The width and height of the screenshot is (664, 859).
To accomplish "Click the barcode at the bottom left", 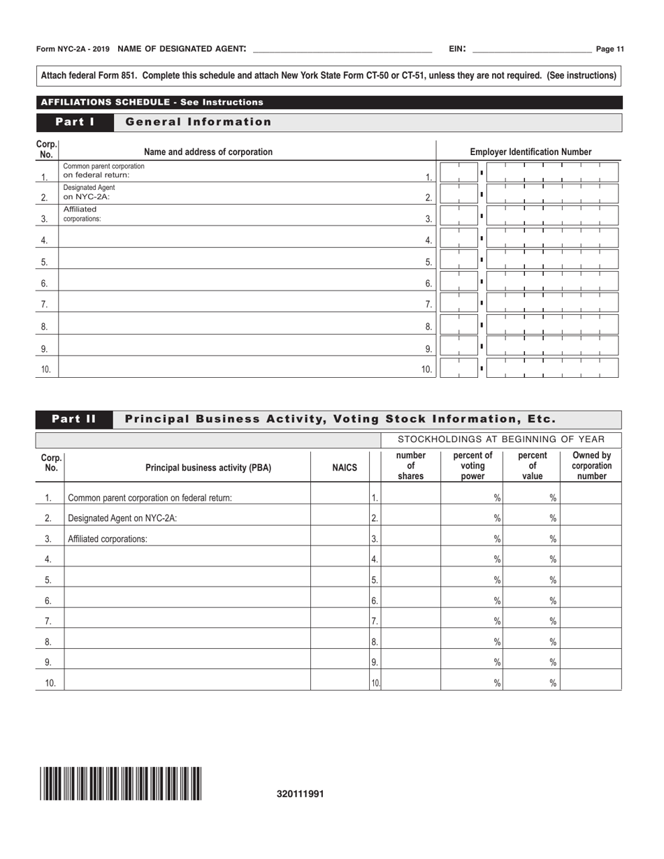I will point(121,783).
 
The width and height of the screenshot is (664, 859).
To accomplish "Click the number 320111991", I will point(301,794).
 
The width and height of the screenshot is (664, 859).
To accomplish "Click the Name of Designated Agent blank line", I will point(342,50).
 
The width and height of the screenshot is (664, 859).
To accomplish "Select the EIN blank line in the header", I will point(532,50).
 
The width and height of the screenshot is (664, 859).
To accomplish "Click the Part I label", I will point(75,122).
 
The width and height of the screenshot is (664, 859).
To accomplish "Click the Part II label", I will point(75,419).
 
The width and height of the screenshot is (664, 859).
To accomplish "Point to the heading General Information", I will point(199,122).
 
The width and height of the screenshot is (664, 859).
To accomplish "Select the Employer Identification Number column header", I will point(531,152).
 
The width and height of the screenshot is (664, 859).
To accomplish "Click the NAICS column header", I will point(345,467).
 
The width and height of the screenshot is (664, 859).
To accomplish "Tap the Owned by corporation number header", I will point(591,467).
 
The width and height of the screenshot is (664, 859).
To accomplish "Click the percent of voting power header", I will point(472,467).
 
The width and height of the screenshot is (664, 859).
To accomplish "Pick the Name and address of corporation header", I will point(208,152).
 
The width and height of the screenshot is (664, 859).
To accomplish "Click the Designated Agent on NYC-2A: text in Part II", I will point(122,518).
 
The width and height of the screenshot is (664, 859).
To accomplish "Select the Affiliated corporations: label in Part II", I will point(108,539).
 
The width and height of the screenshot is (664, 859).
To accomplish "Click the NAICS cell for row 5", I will point(340,580).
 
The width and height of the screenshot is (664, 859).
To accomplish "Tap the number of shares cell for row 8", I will point(410,642).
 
